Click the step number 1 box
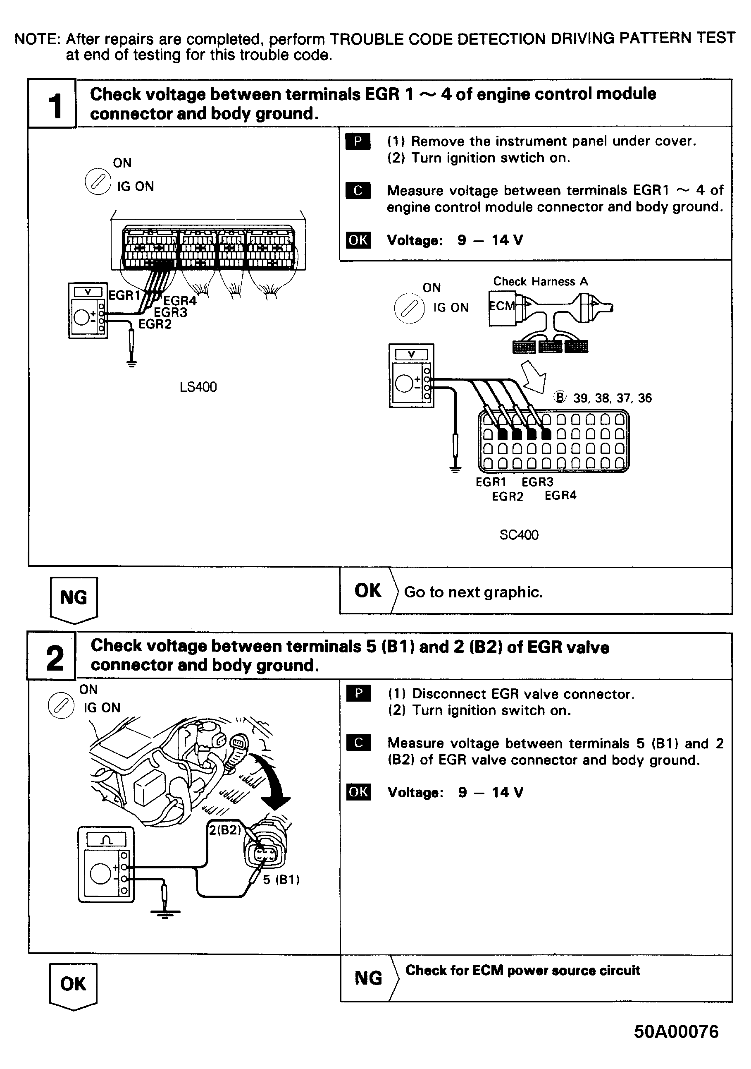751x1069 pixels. point(52,103)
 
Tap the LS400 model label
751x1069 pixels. point(198,387)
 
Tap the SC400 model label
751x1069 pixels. point(519,535)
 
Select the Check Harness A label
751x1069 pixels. point(540,282)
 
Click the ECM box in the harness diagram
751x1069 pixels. point(502,307)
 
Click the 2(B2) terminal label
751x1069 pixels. point(225,830)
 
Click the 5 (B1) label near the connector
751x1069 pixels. point(281,880)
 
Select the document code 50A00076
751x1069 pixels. point(676,1032)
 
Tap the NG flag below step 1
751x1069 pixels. point(74,598)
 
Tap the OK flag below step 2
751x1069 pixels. point(73,984)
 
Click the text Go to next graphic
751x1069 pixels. point(473,592)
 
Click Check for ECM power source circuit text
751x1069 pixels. point(522,970)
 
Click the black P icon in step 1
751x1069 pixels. point(358,141)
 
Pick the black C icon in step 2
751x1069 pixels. point(358,743)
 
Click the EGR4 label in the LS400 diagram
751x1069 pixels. point(180,301)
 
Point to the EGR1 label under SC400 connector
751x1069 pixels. point(491,482)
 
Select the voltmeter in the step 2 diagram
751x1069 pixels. point(106,865)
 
